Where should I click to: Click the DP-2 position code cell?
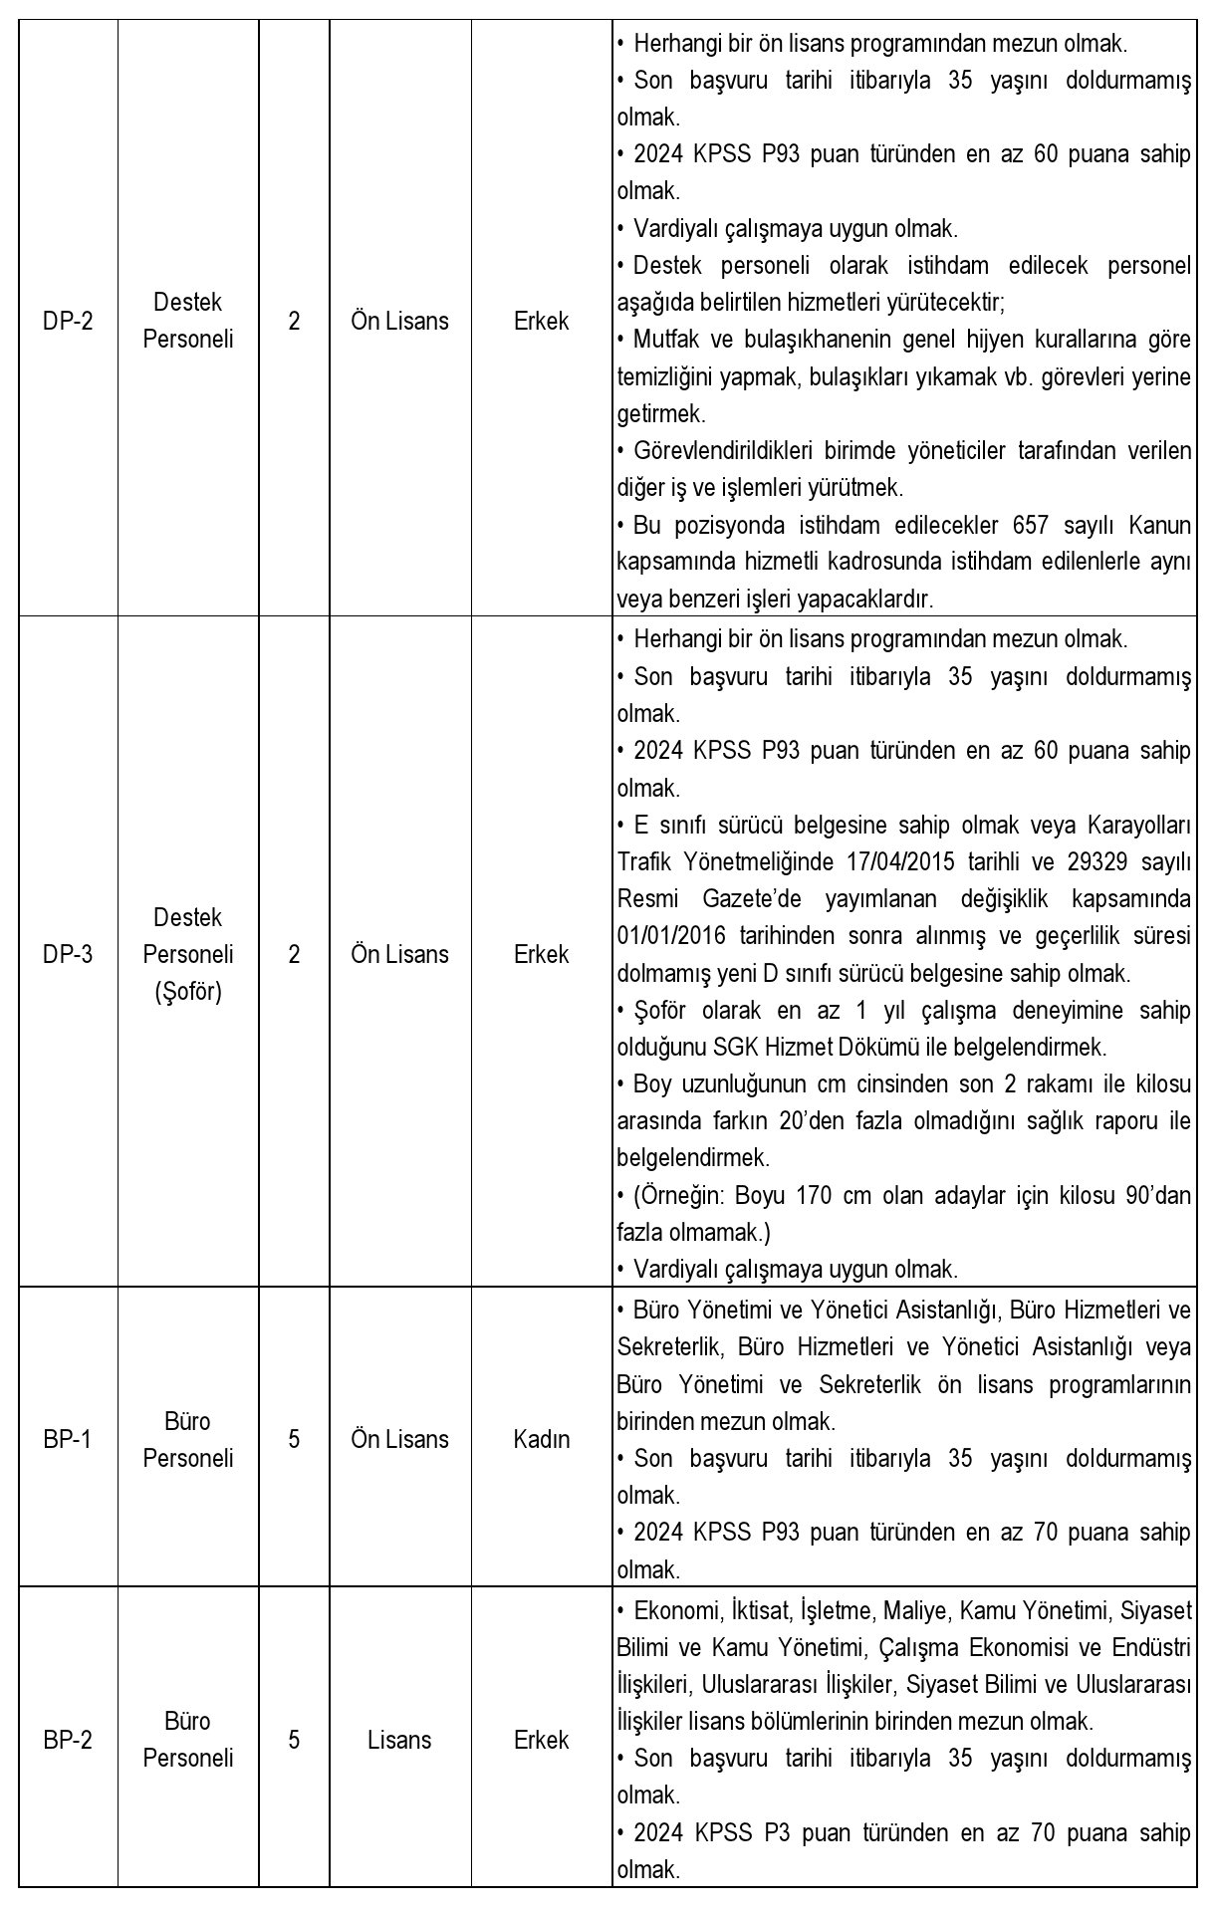coord(68,322)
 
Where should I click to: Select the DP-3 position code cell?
coord(68,954)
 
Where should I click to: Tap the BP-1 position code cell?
coord(68,1439)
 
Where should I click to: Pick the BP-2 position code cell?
coord(68,1740)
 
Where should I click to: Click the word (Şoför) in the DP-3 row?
coord(188,992)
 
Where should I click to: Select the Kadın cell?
coord(542,1439)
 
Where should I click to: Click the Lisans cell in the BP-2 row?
coord(399,1740)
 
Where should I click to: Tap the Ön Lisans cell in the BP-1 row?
coord(399,1439)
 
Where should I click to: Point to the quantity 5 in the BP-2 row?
coord(294,1740)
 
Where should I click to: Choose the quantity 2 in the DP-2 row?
coord(294,322)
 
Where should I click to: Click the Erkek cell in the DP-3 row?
coord(542,954)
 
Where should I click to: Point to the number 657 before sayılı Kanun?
coord(1032,525)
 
